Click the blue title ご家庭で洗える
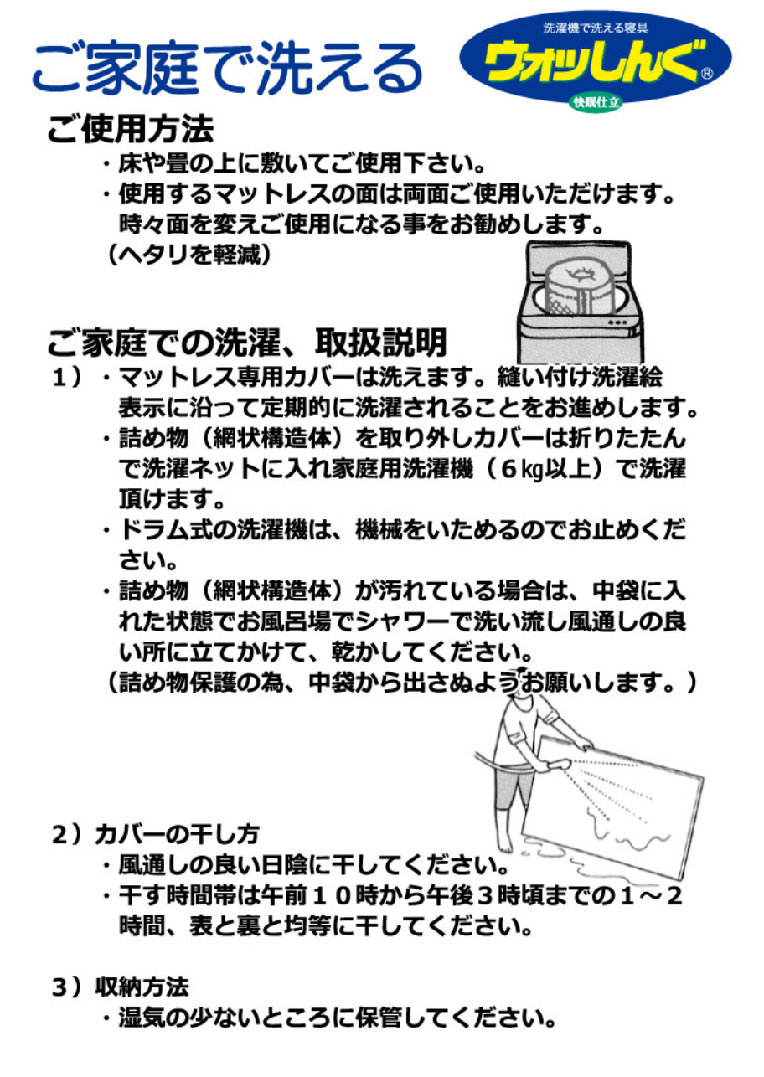coord(227,69)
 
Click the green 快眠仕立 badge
coord(596,102)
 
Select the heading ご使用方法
coord(131,129)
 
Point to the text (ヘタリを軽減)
coord(188,255)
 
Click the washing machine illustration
coord(581,302)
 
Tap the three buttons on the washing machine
coord(617,322)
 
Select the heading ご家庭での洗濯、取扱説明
coord(248,343)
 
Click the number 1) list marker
coord(67,379)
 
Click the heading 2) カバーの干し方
coord(156,835)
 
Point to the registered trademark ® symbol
coord(707,74)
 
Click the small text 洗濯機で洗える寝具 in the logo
coord(596,28)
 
